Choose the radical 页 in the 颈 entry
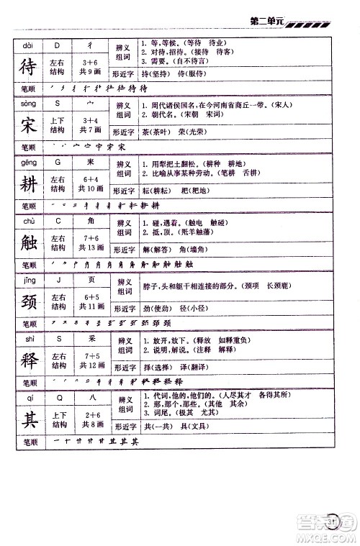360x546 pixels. [91, 283]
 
